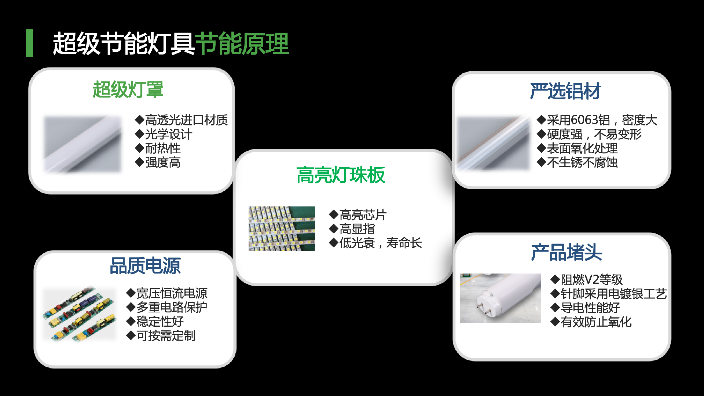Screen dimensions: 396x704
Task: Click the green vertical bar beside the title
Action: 29,43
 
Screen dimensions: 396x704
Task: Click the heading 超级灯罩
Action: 128,90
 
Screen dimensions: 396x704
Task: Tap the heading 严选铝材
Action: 565,91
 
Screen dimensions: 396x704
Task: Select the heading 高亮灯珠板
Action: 341,175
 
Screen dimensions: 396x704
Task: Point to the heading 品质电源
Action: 145,266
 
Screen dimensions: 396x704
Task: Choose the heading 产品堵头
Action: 566,253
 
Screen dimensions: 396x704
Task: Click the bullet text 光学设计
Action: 168,134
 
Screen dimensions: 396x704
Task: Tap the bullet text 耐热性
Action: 163,148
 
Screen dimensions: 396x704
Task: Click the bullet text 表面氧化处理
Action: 582,148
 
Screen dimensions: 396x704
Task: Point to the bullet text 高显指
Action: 357,229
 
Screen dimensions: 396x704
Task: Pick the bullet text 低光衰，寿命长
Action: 381,243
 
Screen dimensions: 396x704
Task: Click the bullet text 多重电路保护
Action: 172,307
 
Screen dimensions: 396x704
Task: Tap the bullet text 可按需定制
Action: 166,336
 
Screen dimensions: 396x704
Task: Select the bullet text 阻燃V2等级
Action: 591,280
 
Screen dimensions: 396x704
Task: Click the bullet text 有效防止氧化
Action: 596,322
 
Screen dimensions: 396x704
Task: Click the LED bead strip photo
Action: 282,229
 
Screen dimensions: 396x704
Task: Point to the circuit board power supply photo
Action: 79,315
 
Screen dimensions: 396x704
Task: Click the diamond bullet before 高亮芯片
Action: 333,214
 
